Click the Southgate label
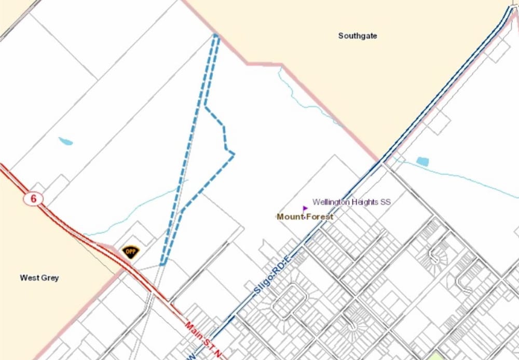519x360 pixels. pyautogui.click(x=358, y=36)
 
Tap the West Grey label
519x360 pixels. pyautogui.click(x=39, y=278)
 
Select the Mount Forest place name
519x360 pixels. pyautogui.click(x=306, y=217)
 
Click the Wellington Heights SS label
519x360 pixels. pyautogui.click(x=351, y=202)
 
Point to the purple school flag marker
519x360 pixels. pyautogui.click(x=305, y=209)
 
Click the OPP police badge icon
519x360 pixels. pyautogui.click(x=131, y=252)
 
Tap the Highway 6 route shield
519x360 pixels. pyautogui.click(x=32, y=199)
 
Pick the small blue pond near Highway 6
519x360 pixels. pyautogui.click(x=65, y=141)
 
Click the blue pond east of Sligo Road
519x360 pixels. pyautogui.click(x=422, y=161)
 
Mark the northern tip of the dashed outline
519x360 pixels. pyautogui.click(x=216, y=35)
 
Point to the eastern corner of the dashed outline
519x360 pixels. pyautogui.click(x=234, y=153)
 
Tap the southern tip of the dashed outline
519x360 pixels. pyautogui.click(x=162, y=264)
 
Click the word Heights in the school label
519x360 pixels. pyautogui.click(x=364, y=202)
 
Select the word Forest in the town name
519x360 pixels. pyautogui.click(x=320, y=217)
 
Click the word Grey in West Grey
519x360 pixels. pyautogui.click(x=51, y=278)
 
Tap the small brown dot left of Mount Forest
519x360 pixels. pyautogui.click(x=277, y=217)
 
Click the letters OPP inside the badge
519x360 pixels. pyautogui.click(x=131, y=251)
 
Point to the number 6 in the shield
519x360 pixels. pyautogui.click(x=32, y=199)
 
